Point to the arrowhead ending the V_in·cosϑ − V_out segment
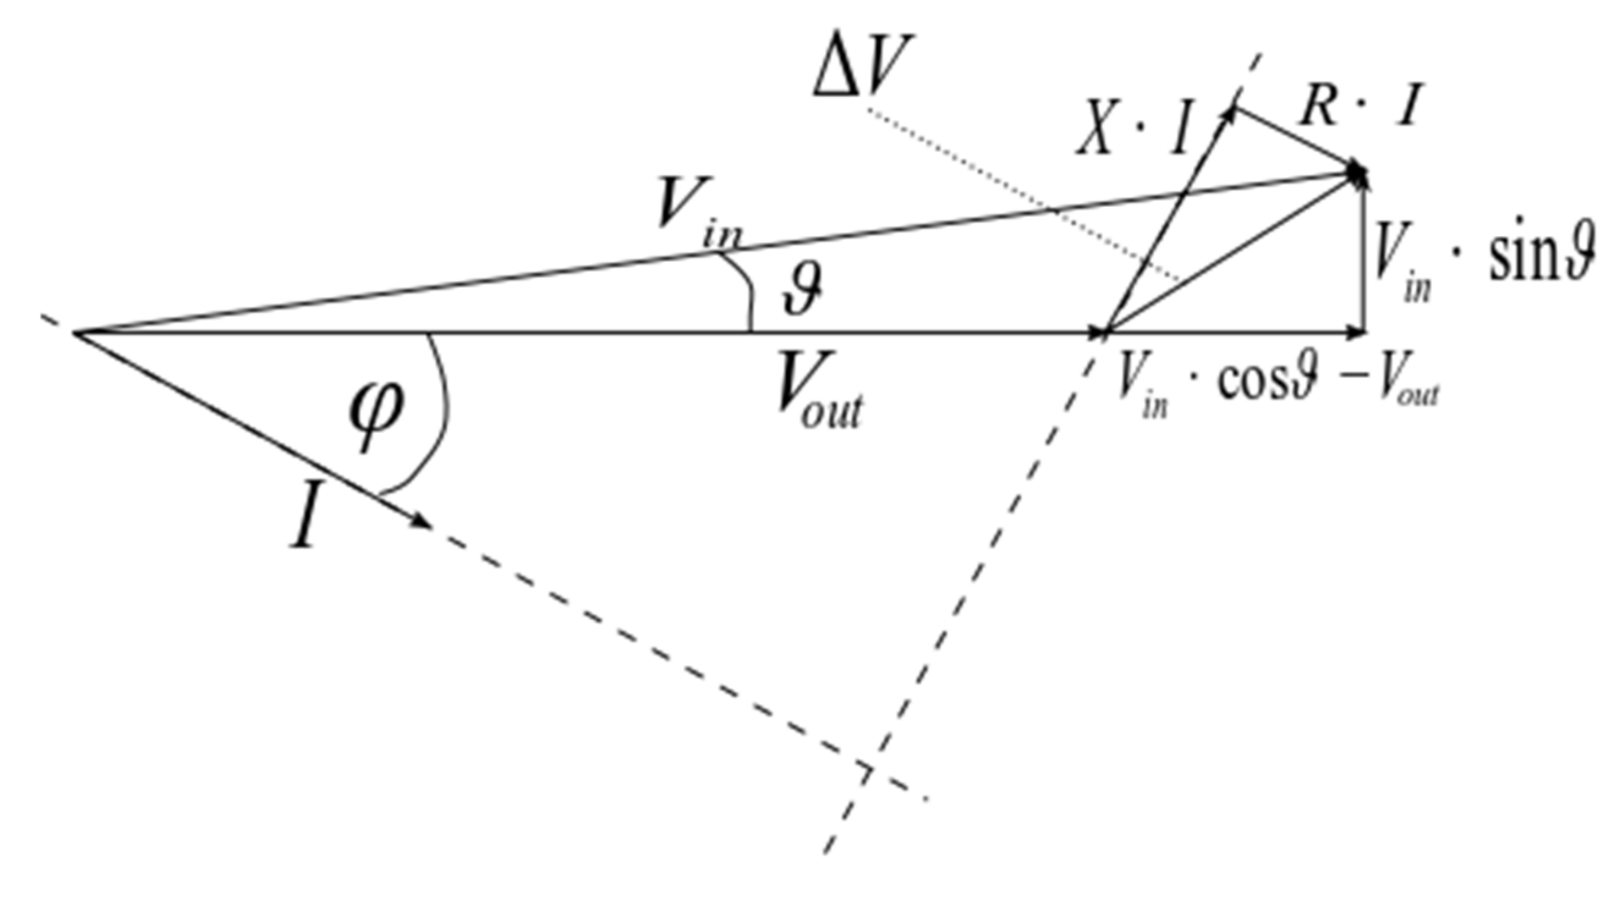click(1355, 331)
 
